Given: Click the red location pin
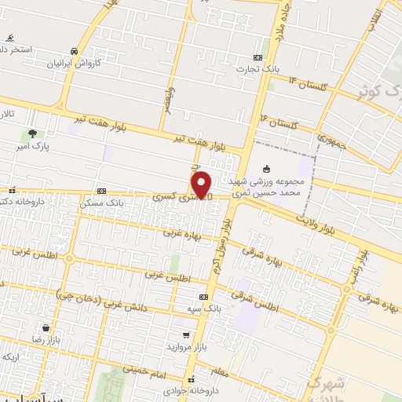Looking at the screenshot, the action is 203,184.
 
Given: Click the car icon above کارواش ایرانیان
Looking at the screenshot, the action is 73,49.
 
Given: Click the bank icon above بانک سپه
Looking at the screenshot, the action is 204,297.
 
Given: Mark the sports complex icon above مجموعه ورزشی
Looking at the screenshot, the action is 267,168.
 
